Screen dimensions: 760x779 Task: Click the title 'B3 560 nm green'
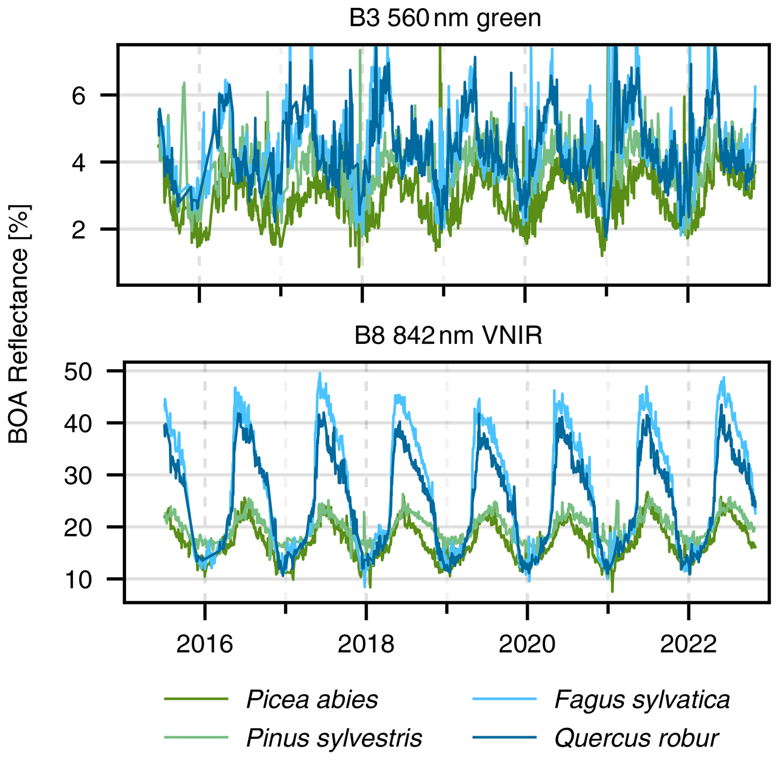445,18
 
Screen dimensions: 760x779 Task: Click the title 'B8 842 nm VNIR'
448,335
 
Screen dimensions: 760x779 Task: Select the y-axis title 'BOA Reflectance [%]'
19,324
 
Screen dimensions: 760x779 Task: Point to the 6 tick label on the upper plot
79,96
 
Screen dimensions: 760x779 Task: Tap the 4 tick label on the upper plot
79,163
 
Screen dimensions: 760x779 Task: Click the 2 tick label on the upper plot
79,230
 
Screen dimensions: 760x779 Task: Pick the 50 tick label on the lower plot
78,372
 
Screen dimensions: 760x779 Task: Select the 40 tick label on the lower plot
78,424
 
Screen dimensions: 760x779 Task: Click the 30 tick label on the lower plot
78,476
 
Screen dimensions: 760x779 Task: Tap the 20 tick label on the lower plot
78,528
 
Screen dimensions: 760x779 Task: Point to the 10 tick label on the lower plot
78,580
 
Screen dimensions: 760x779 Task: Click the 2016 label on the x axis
205,644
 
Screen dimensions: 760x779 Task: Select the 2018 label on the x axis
366,644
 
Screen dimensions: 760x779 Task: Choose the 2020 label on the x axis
527,644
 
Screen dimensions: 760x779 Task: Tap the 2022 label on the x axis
688,644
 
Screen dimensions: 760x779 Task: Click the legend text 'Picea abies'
312,699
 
